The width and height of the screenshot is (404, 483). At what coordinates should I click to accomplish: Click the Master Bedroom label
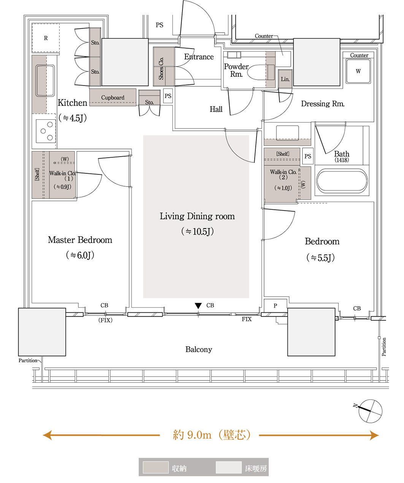[x=80, y=240]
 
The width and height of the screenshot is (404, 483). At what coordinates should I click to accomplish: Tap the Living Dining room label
[x=197, y=217]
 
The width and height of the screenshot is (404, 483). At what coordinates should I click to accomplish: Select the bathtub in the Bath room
[x=342, y=181]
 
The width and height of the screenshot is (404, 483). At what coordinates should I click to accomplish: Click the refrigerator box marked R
[x=46, y=38]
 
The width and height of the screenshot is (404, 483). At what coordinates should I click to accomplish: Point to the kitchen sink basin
[x=45, y=81]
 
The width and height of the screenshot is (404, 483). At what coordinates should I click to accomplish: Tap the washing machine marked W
[x=358, y=71]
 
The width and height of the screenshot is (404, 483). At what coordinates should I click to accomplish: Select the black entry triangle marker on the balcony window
[x=198, y=306]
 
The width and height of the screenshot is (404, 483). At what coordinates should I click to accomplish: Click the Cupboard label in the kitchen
[x=112, y=98]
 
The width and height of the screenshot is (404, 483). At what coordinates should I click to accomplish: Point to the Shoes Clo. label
[x=161, y=68]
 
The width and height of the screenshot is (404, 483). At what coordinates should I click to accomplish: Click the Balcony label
[x=198, y=350]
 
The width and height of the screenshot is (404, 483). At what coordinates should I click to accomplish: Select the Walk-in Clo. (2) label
[x=283, y=174]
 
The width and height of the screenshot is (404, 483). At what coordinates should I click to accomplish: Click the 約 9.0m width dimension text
[x=211, y=435]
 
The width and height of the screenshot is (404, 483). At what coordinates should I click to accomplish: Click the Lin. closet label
[x=285, y=79]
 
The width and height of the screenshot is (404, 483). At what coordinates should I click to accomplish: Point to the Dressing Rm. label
[x=323, y=104]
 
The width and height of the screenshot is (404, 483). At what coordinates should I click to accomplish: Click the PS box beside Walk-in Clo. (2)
[x=308, y=156]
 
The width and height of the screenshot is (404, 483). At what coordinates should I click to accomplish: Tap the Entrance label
[x=199, y=57]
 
